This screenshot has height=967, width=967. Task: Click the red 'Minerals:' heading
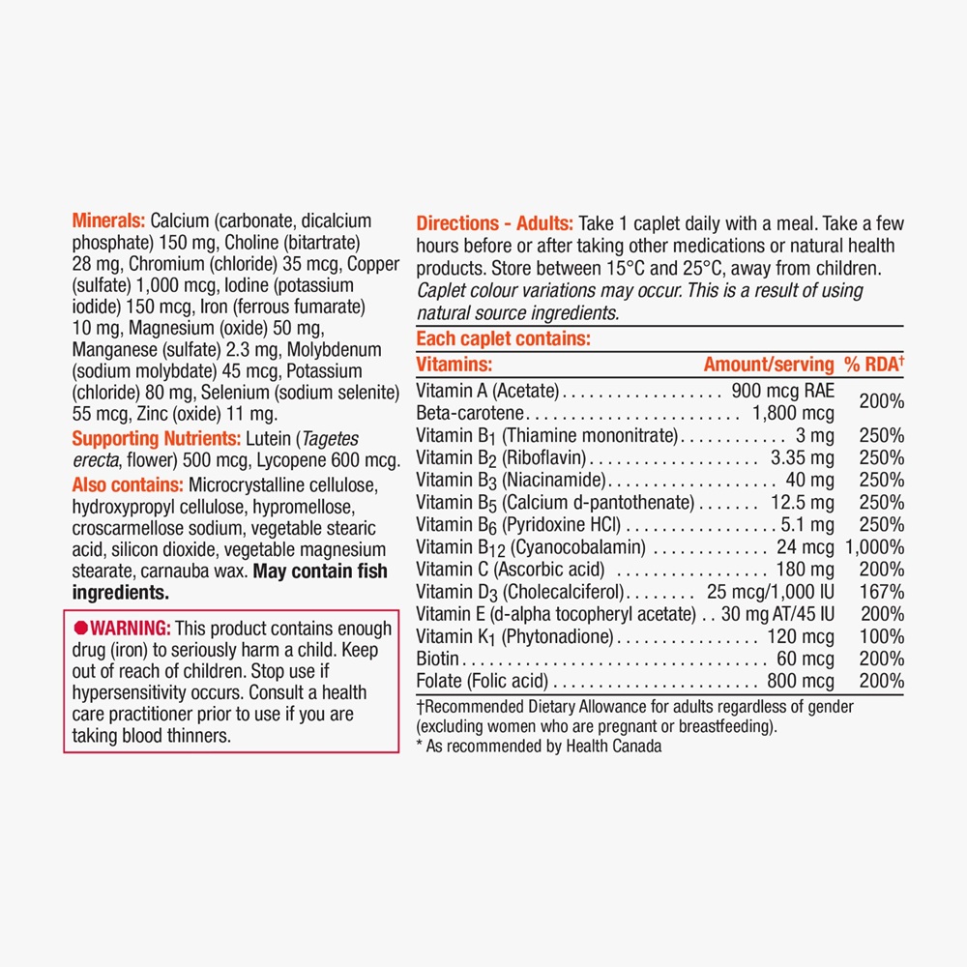[109, 221]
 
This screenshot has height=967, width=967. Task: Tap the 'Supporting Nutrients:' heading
[149, 438]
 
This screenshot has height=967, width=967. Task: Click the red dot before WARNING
[81, 629]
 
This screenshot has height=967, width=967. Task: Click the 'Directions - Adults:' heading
[495, 221]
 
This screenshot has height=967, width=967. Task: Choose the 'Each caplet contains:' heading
[503, 339]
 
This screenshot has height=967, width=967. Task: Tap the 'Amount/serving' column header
[768, 365]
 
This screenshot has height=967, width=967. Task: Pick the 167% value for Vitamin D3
[886, 592]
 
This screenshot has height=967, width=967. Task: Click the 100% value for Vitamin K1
[886, 636]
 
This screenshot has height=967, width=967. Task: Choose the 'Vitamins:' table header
[454, 365]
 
